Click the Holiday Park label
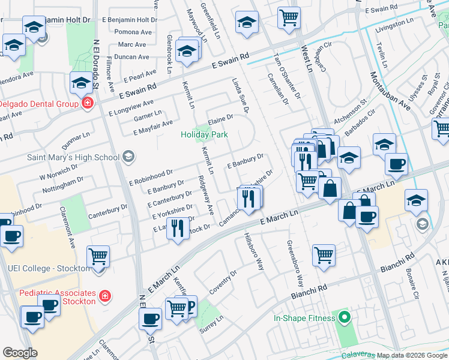click(204, 135)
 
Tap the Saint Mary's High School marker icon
click(127, 157)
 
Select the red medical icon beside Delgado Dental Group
click(88, 103)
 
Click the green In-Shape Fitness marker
click(344, 316)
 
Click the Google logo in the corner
click(20, 353)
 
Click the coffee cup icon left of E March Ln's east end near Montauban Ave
click(366, 217)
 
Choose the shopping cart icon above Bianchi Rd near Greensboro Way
click(324, 255)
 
